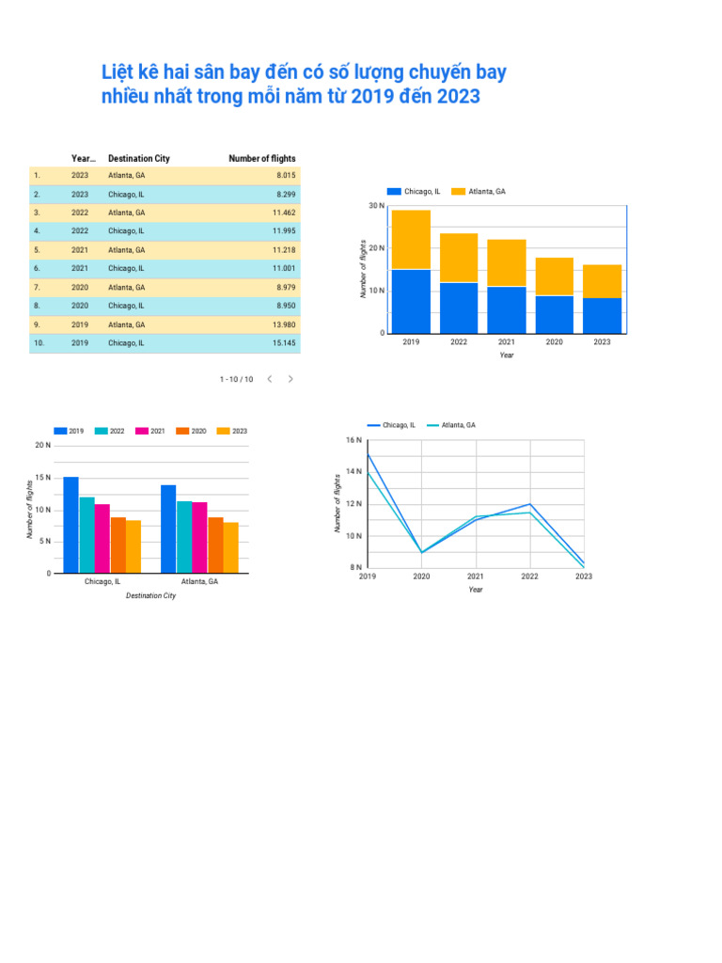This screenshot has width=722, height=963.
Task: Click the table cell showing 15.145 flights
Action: pyautogui.click(x=284, y=343)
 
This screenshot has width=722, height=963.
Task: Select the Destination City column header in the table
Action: pyautogui.click(x=138, y=159)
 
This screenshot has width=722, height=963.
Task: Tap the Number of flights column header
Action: pyautogui.click(x=261, y=159)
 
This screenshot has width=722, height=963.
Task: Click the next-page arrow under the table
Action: pyautogui.click(x=290, y=379)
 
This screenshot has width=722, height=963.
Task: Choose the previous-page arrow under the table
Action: pyautogui.click(x=269, y=379)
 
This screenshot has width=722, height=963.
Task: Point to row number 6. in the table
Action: pyautogui.click(x=37, y=268)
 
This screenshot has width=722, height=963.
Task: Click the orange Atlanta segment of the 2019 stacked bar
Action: pyautogui.click(x=411, y=240)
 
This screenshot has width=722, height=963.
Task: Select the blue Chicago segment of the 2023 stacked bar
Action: pyautogui.click(x=602, y=315)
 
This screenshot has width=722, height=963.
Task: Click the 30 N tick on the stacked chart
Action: pyautogui.click(x=376, y=206)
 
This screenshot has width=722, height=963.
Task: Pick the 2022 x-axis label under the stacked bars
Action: pyautogui.click(x=459, y=342)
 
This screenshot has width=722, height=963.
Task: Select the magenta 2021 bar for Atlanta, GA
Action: pyautogui.click(x=199, y=537)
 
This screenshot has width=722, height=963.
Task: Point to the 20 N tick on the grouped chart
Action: pyautogui.click(x=42, y=445)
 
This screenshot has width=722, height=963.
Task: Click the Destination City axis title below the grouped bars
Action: pyautogui.click(x=150, y=595)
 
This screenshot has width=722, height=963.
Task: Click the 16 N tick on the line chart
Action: pyautogui.click(x=353, y=440)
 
